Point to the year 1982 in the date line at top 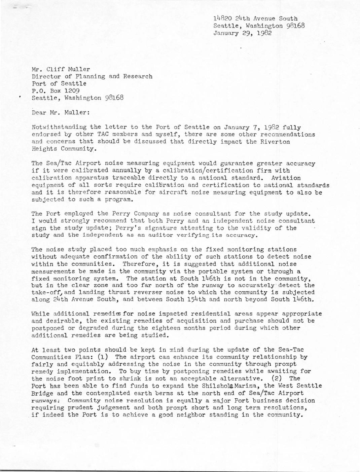263,33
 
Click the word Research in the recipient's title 138,76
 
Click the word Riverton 276,142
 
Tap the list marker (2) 278,378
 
